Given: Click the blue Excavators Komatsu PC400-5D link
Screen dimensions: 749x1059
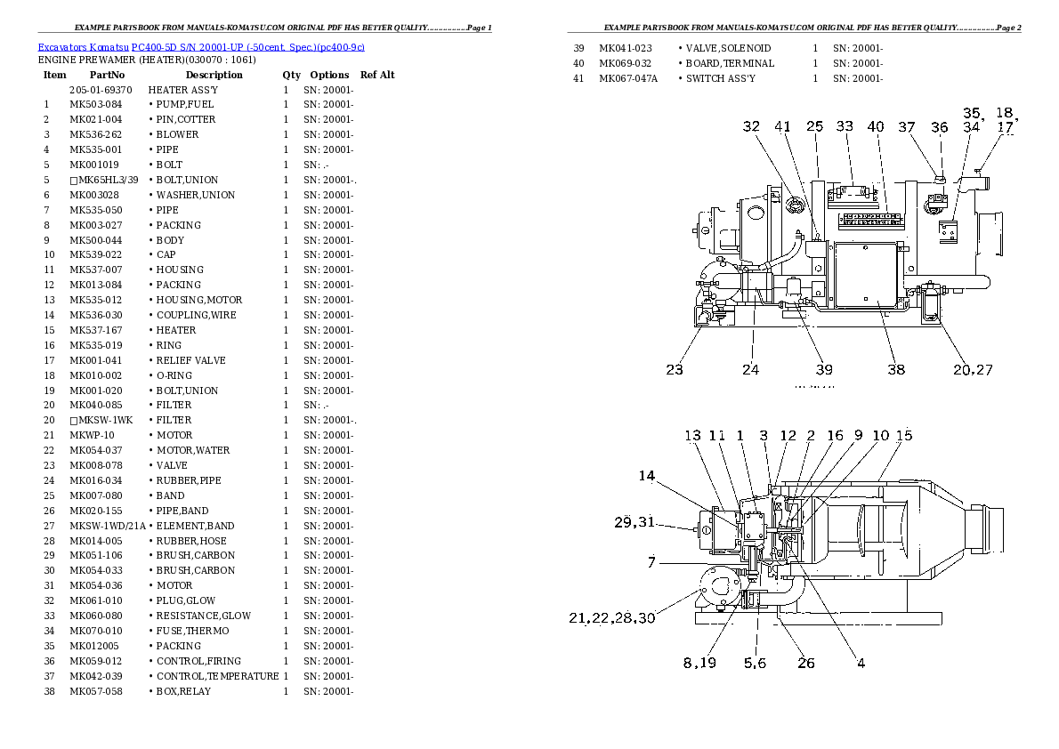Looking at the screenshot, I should [x=200, y=46].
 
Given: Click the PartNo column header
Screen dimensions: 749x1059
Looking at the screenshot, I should [x=107, y=75].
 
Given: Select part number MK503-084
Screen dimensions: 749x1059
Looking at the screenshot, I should [x=95, y=105].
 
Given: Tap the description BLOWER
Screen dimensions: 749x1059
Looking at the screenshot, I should [x=177, y=135].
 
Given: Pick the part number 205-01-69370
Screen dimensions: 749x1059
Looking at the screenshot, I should [x=101, y=90].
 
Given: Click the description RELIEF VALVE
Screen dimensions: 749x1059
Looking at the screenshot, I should [x=190, y=360].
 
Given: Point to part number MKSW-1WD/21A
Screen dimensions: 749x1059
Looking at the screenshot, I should [x=107, y=526].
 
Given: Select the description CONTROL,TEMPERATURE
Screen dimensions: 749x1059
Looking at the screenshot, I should [x=217, y=676].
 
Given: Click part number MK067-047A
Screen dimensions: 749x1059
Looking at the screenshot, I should [x=628, y=78].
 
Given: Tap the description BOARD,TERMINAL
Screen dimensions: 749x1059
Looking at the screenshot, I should [x=730, y=63].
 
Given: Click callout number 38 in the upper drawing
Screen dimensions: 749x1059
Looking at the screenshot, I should [x=895, y=369].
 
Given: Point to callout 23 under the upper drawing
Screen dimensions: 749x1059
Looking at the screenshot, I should [x=675, y=369].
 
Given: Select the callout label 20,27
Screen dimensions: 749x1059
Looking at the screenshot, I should [x=973, y=369].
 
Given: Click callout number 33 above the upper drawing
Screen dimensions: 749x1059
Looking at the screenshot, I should [x=845, y=127].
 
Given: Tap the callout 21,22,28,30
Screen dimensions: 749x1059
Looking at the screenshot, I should [x=612, y=617].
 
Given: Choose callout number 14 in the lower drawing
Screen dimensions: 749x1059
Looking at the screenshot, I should [x=646, y=476].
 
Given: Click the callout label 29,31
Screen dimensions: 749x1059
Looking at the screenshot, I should [x=634, y=522].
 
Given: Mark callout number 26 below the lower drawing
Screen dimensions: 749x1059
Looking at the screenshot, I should [x=805, y=662].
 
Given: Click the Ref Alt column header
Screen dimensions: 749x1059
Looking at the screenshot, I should [x=377, y=75].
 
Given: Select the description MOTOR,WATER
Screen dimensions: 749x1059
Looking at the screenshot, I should [x=193, y=450].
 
